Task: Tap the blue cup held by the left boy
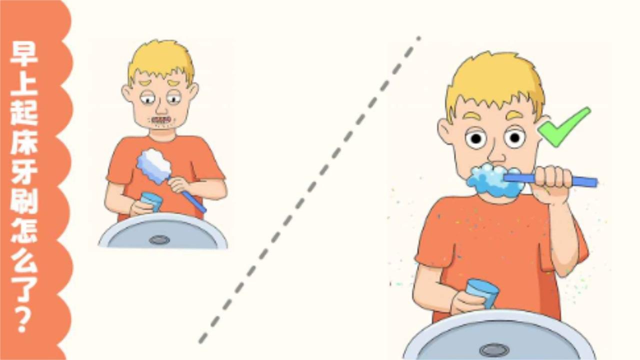coord(151,201)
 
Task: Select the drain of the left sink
coord(159,239)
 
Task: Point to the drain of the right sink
coord(494,349)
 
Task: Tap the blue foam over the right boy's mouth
coord(495,180)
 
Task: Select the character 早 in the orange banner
coord(24,53)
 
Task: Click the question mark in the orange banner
coord(24,320)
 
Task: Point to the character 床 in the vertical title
coord(24,142)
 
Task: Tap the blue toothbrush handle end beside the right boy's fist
coord(585,181)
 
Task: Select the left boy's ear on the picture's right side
coord(193,93)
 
